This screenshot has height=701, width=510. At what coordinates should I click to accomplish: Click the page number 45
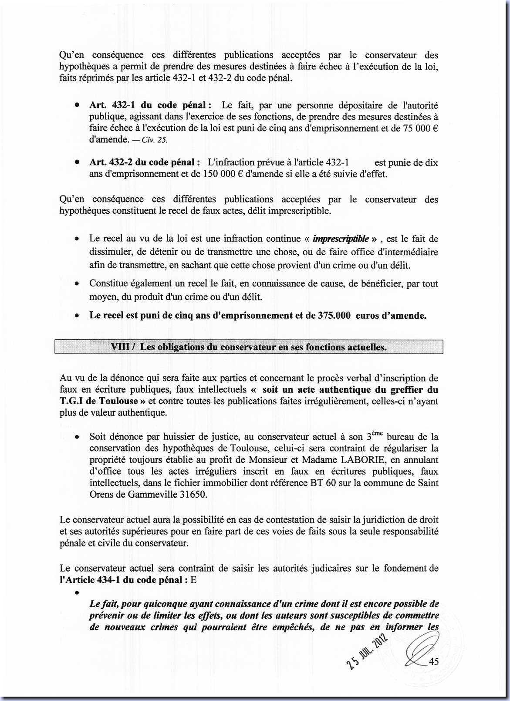pyautogui.click(x=434, y=662)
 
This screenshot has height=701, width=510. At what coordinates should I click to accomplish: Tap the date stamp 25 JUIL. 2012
pyautogui.click(x=367, y=652)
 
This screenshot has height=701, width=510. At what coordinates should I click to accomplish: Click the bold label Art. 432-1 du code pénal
pyautogui.click(x=148, y=105)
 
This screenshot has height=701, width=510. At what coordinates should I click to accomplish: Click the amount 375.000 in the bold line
pyautogui.click(x=334, y=315)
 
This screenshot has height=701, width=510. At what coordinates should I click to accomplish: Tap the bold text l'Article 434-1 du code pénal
pyautogui.click(x=124, y=580)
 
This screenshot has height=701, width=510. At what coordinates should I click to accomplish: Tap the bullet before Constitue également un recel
pyautogui.click(x=77, y=284)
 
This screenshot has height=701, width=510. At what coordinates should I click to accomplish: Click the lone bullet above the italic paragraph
pyautogui.click(x=77, y=593)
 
